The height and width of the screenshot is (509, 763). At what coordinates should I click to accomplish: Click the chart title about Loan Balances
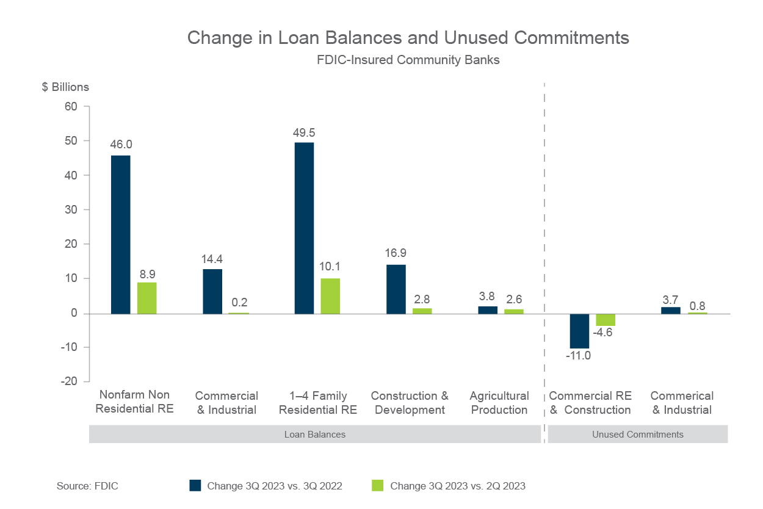coord(408,38)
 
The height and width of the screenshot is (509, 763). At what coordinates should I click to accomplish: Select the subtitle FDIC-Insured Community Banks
coord(408,60)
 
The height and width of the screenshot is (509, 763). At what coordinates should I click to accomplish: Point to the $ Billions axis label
coord(65,87)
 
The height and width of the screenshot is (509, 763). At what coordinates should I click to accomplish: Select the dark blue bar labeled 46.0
coord(121,234)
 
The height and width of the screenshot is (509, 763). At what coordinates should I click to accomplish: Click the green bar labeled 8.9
coord(147,298)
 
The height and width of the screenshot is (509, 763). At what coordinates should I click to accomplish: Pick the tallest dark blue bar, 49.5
coord(305,228)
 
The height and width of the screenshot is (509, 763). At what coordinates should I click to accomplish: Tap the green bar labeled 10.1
coord(330,296)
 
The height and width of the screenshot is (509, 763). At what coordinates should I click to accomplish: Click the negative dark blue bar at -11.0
coord(580,331)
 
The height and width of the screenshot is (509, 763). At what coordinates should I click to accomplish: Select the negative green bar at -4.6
coord(606,320)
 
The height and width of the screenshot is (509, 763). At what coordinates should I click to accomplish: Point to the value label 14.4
coord(213,259)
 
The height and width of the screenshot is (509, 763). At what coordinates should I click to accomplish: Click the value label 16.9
coord(396,253)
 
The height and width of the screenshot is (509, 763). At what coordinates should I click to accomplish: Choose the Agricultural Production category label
coord(499,403)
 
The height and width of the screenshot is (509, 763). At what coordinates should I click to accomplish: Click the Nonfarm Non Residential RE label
coord(134,402)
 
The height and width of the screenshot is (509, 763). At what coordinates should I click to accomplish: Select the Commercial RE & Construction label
coord(590,403)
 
